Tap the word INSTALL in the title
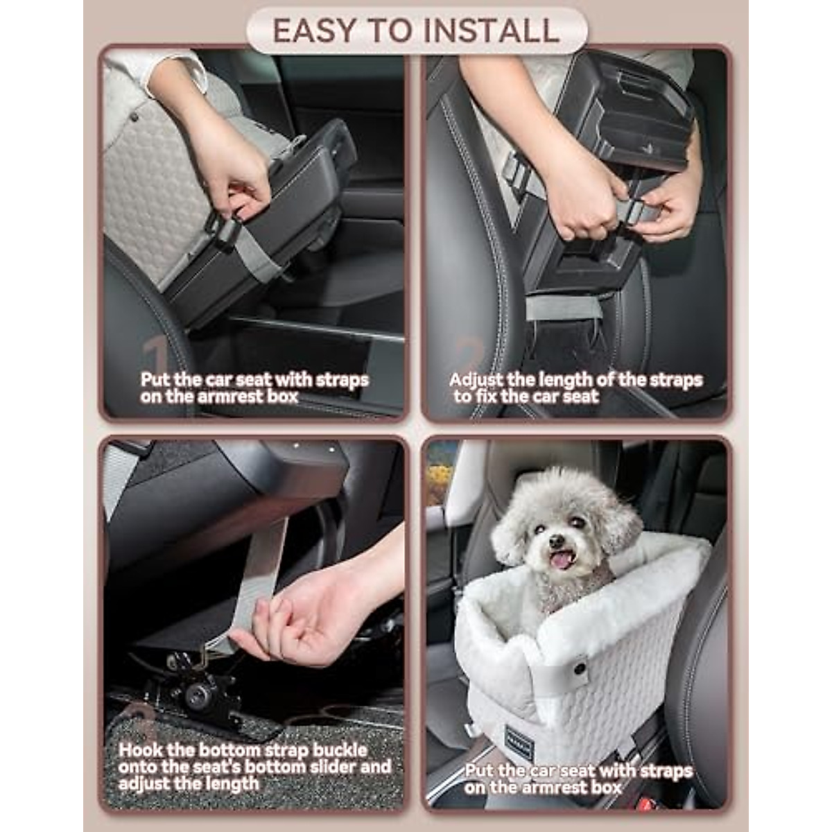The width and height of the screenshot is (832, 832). [491, 31]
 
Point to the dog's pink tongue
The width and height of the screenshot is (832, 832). [562, 558]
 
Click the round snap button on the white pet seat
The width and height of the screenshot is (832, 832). [578, 668]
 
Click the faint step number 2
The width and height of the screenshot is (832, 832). [471, 356]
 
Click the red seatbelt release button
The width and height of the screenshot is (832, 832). [646, 804]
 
